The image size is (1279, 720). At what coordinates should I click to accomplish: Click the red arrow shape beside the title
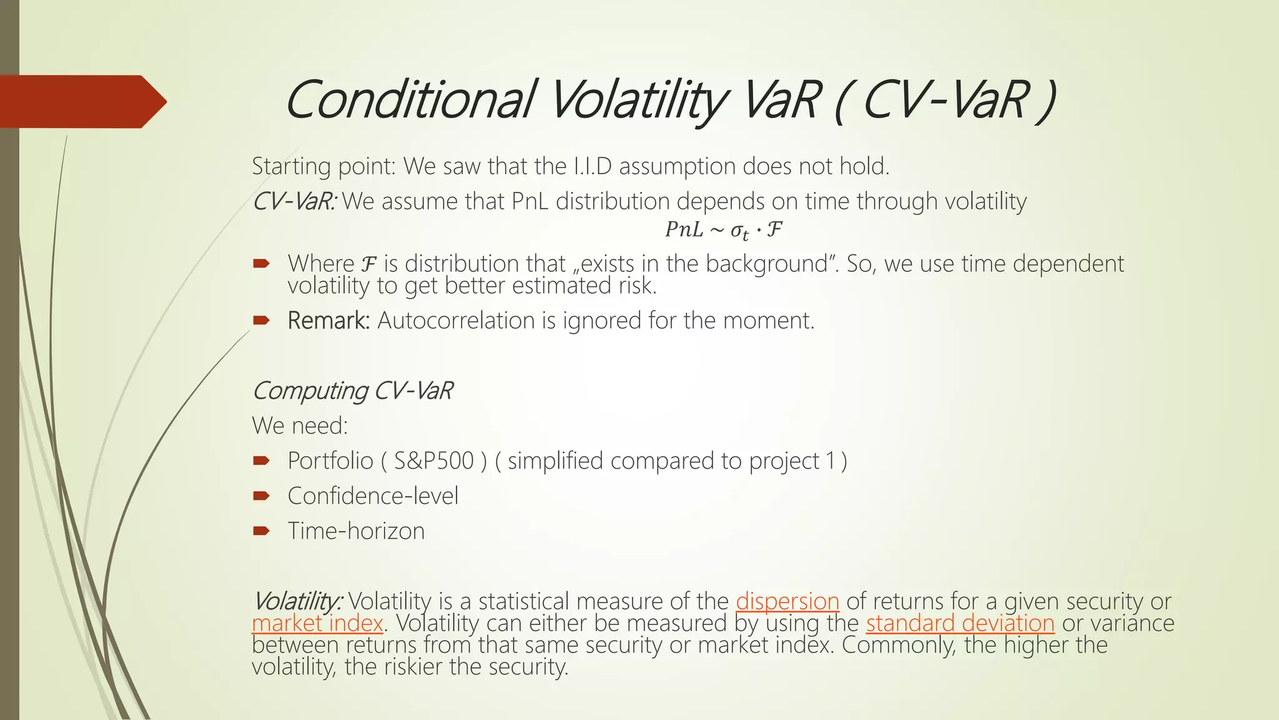click(x=81, y=102)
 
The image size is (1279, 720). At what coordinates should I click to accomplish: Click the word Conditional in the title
click(x=409, y=100)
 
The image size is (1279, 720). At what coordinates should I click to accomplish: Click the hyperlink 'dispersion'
click(x=787, y=601)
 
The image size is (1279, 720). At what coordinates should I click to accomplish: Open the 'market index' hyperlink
click(x=317, y=623)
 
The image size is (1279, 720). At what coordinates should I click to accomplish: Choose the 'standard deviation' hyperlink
click(x=960, y=623)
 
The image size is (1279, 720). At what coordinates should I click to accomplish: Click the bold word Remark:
click(x=328, y=321)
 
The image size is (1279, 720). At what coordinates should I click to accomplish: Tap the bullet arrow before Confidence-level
click(x=261, y=496)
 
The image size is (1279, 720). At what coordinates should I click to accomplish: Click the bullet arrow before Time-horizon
click(x=261, y=531)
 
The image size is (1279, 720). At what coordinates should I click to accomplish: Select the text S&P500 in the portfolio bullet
click(x=433, y=461)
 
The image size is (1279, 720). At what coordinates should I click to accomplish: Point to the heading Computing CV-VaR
click(x=352, y=391)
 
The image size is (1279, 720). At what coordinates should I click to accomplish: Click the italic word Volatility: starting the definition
click(x=297, y=601)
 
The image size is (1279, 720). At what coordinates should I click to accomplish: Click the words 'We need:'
click(x=300, y=426)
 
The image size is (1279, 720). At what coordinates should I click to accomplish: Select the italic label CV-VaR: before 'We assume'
click(x=294, y=201)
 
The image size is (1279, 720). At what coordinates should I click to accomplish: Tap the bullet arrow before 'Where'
click(x=261, y=264)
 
